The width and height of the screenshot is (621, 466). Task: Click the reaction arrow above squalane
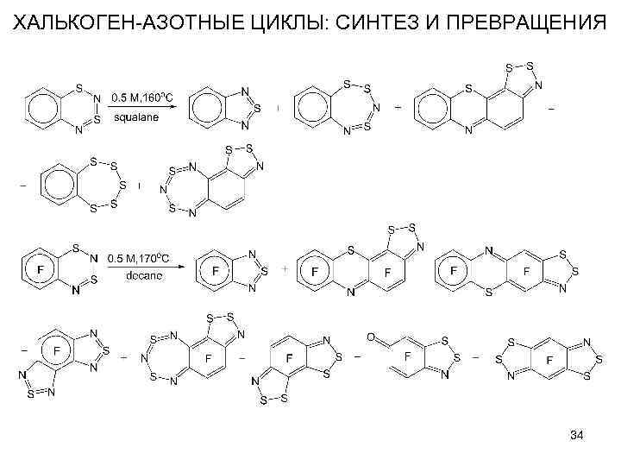141,107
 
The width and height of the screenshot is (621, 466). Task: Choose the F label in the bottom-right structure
549,356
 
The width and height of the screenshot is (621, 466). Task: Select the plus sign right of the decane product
284,269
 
